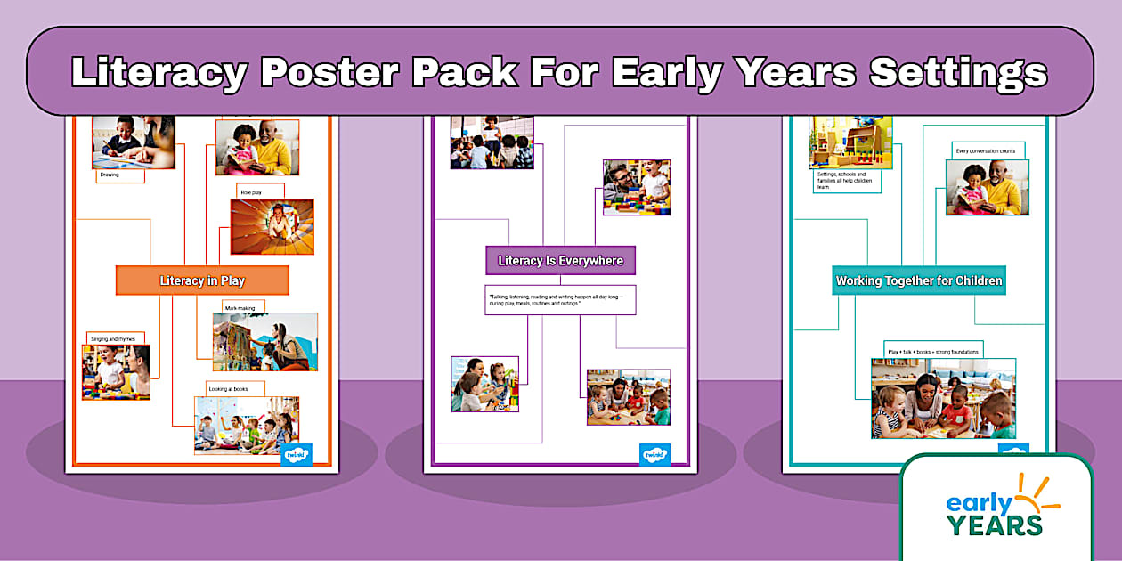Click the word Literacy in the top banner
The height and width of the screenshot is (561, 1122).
(x=158, y=72)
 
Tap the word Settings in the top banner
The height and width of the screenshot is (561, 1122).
(x=958, y=72)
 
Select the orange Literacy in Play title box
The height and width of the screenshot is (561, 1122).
(x=202, y=280)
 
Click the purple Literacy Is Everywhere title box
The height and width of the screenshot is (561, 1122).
(x=560, y=261)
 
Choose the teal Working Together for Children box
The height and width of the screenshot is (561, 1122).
(x=919, y=280)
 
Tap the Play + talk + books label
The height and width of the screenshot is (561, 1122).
(x=933, y=351)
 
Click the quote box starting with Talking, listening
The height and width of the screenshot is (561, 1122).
(x=560, y=300)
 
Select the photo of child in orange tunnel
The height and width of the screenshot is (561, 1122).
(x=272, y=227)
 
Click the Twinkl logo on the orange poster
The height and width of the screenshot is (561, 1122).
(x=297, y=454)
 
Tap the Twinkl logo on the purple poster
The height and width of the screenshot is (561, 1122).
(x=654, y=454)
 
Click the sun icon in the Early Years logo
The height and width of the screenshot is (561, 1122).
(x=1034, y=495)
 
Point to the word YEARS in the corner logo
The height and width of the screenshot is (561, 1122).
(x=994, y=525)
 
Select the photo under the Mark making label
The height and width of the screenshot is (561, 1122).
(x=264, y=342)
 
